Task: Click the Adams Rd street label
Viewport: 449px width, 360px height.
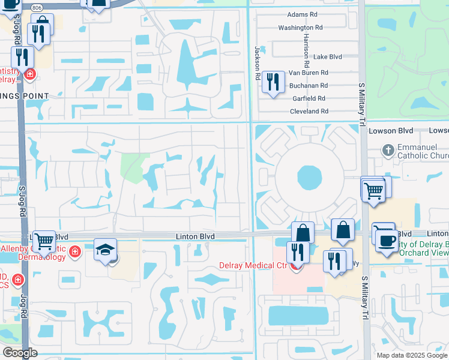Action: [x=302, y=14]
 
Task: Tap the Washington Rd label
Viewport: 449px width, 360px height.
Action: [x=300, y=28]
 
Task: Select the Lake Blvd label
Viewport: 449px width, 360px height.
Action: [x=327, y=56]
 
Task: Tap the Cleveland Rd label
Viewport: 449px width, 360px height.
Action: [x=308, y=111]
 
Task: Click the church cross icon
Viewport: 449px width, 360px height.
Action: [x=388, y=149]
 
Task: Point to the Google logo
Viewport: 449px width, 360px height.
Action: [x=20, y=352]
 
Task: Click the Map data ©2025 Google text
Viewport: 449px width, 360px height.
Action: [x=411, y=355]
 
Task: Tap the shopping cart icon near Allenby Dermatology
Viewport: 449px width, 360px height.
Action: [x=44, y=241]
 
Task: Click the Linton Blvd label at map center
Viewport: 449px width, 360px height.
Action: [x=195, y=237]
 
